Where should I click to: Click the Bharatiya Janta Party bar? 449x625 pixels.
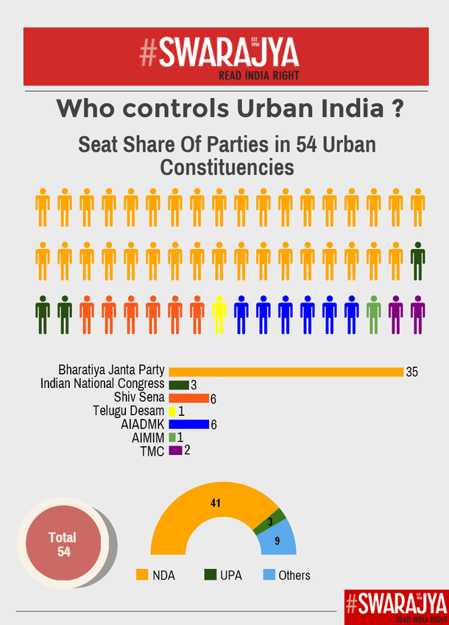(x=286, y=372)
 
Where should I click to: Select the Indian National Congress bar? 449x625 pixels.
(x=179, y=385)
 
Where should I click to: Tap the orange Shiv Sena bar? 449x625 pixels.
(x=188, y=398)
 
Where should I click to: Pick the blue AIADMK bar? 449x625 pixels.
(x=188, y=424)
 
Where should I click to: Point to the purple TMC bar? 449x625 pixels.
(x=175, y=451)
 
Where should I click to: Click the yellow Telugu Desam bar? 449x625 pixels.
(x=172, y=411)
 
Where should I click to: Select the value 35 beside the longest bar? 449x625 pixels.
(x=411, y=372)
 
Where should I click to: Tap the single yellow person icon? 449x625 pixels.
(x=219, y=314)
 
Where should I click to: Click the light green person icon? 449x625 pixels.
(x=374, y=314)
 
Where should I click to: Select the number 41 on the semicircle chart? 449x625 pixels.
(x=216, y=503)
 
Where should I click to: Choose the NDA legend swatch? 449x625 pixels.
(x=142, y=574)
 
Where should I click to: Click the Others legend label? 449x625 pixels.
(x=294, y=576)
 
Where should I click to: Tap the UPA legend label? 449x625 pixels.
(x=230, y=576)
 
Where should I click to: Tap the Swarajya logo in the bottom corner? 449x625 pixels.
(x=395, y=601)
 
